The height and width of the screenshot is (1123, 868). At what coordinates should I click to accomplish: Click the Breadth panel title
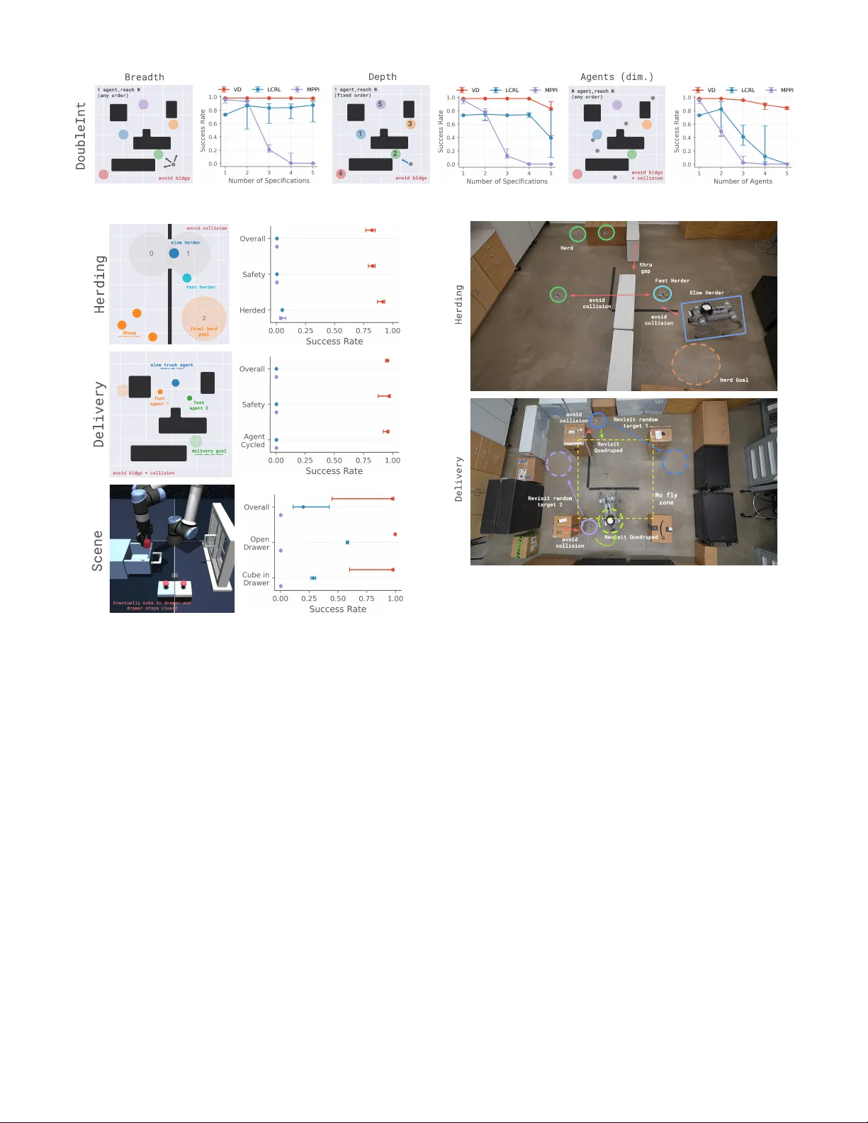(144, 77)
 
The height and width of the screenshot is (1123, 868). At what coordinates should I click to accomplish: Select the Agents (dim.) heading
(616, 77)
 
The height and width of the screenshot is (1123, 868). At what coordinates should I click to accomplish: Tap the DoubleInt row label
(81, 135)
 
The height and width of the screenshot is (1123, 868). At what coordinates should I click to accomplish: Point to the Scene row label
(98, 551)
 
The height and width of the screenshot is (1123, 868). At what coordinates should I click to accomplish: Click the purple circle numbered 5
(380, 104)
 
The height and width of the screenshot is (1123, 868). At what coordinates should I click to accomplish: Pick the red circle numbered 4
(341, 174)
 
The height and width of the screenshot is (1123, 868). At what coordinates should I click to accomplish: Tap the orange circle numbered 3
(410, 124)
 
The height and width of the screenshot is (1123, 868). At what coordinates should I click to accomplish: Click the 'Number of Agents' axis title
(743, 181)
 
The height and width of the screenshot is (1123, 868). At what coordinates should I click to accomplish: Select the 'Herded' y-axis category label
(252, 310)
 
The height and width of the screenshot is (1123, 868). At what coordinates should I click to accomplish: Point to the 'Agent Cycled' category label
(254, 441)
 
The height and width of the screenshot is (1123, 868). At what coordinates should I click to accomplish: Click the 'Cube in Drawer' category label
(256, 579)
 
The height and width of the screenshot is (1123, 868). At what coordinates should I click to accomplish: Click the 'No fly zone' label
(666, 499)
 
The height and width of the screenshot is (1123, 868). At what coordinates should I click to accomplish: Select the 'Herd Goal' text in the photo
(733, 380)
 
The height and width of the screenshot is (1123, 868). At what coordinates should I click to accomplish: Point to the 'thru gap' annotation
(646, 268)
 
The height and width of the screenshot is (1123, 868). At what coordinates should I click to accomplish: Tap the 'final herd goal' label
(203, 331)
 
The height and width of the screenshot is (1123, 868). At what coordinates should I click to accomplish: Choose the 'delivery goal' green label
(208, 451)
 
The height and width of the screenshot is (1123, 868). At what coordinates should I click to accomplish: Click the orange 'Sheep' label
(129, 333)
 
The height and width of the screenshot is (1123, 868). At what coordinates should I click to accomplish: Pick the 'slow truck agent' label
(171, 366)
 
